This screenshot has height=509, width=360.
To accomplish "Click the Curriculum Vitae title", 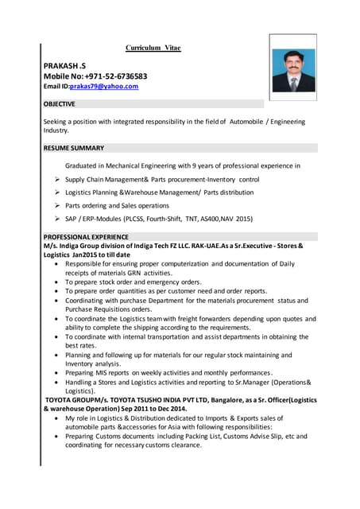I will [x=153, y=48].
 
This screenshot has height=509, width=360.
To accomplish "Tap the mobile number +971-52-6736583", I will [x=122, y=76].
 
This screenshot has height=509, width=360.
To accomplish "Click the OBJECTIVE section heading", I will [x=60, y=103].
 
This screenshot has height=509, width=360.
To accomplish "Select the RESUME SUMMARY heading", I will [x=73, y=148].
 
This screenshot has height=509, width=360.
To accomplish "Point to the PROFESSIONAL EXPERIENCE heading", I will [x=86, y=236].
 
